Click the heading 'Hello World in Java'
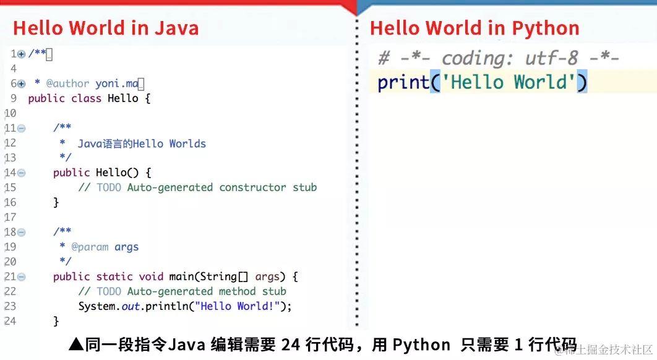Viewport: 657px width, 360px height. tap(106, 28)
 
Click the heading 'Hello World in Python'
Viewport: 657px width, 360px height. tap(474, 28)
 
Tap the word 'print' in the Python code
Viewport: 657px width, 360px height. tap(403, 82)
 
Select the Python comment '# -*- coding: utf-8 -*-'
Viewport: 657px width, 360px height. tap(499, 58)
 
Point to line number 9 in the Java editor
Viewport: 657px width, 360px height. tap(13, 98)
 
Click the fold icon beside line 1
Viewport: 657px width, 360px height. tap(22, 54)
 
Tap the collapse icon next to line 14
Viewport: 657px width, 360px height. tap(22, 173)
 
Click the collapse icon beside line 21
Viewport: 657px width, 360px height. tap(22, 277)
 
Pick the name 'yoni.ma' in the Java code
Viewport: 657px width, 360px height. tap(117, 84)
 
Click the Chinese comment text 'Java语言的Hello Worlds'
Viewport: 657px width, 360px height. tap(142, 144)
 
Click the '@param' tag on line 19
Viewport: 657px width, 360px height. tap(90, 247)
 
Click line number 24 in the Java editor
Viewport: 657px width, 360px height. tap(10, 321)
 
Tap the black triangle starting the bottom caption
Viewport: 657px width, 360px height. tap(75, 345)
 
